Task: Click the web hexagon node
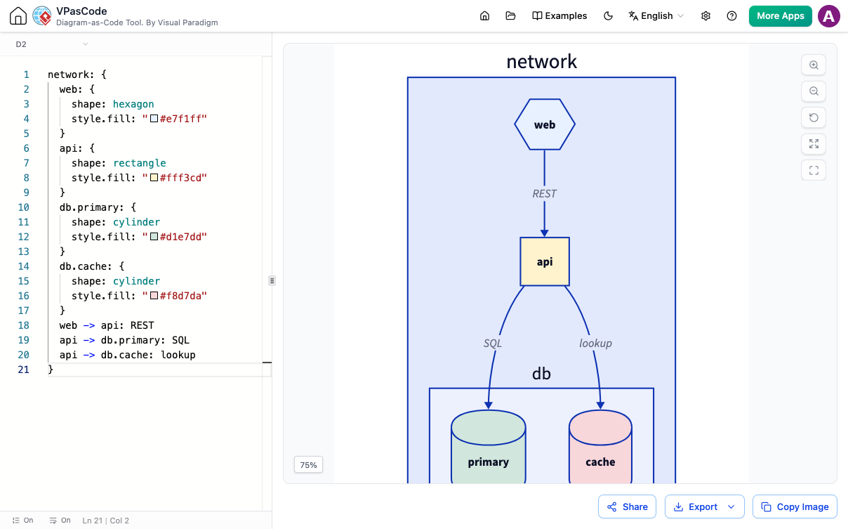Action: [x=544, y=124]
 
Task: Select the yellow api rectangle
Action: [x=544, y=261]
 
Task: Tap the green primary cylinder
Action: [x=489, y=446]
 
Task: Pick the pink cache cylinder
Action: [x=600, y=446]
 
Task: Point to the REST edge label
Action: [x=544, y=194]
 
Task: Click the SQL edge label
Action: [x=493, y=344]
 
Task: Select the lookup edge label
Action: [x=595, y=344]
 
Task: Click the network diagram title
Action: [x=542, y=62]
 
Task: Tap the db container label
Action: [x=541, y=374]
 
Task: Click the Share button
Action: [x=627, y=507]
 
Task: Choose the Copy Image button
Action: [x=795, y=507]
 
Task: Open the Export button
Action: [x=705, y=507]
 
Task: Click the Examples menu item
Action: [x=559, y=16]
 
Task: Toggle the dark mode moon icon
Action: [x=608, y=16]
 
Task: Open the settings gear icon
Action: [x=705, y=16]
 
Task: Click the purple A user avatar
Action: [x=829, y=16]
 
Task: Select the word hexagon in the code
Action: [x=133, y=104]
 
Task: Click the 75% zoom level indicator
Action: [x=309, y=465]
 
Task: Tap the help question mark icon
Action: [x=731, y=16]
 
